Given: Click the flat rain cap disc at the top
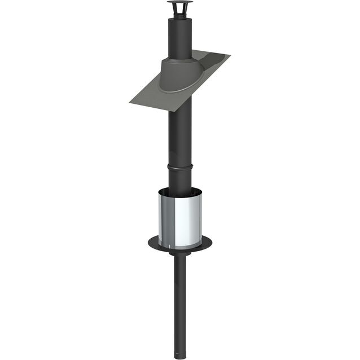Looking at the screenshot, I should point(179,3).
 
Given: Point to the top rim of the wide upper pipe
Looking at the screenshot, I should point(179,18).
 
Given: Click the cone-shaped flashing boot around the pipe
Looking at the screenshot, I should point(179,73).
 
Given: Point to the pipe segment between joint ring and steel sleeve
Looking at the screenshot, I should point(179,179).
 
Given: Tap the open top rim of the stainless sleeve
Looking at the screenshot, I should point(180,190).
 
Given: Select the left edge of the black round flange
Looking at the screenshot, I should point(150,244).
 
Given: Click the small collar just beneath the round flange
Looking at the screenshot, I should point(180,254).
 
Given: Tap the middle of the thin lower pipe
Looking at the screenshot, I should point(180,305).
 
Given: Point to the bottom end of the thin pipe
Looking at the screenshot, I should point(180,356).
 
